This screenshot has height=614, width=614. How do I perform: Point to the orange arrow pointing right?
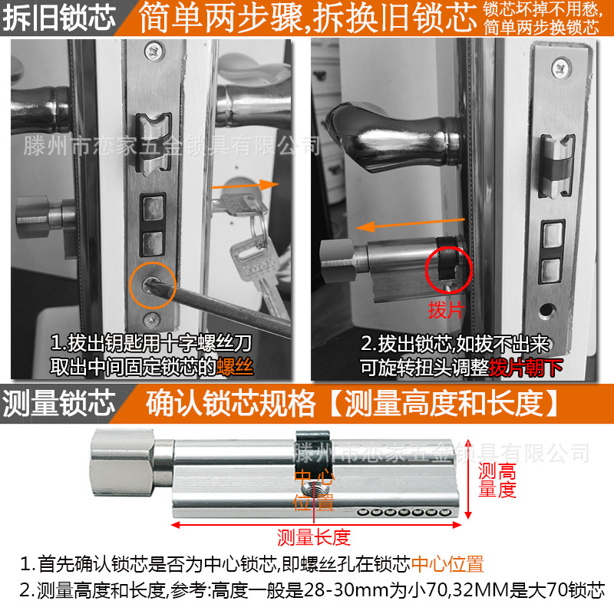pyautogui.click(x=246, y=186)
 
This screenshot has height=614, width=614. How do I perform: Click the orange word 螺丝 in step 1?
pyautogui.click(x=235, y=366)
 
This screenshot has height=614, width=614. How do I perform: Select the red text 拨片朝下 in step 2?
pyautogui.click(x=526, y=366)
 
